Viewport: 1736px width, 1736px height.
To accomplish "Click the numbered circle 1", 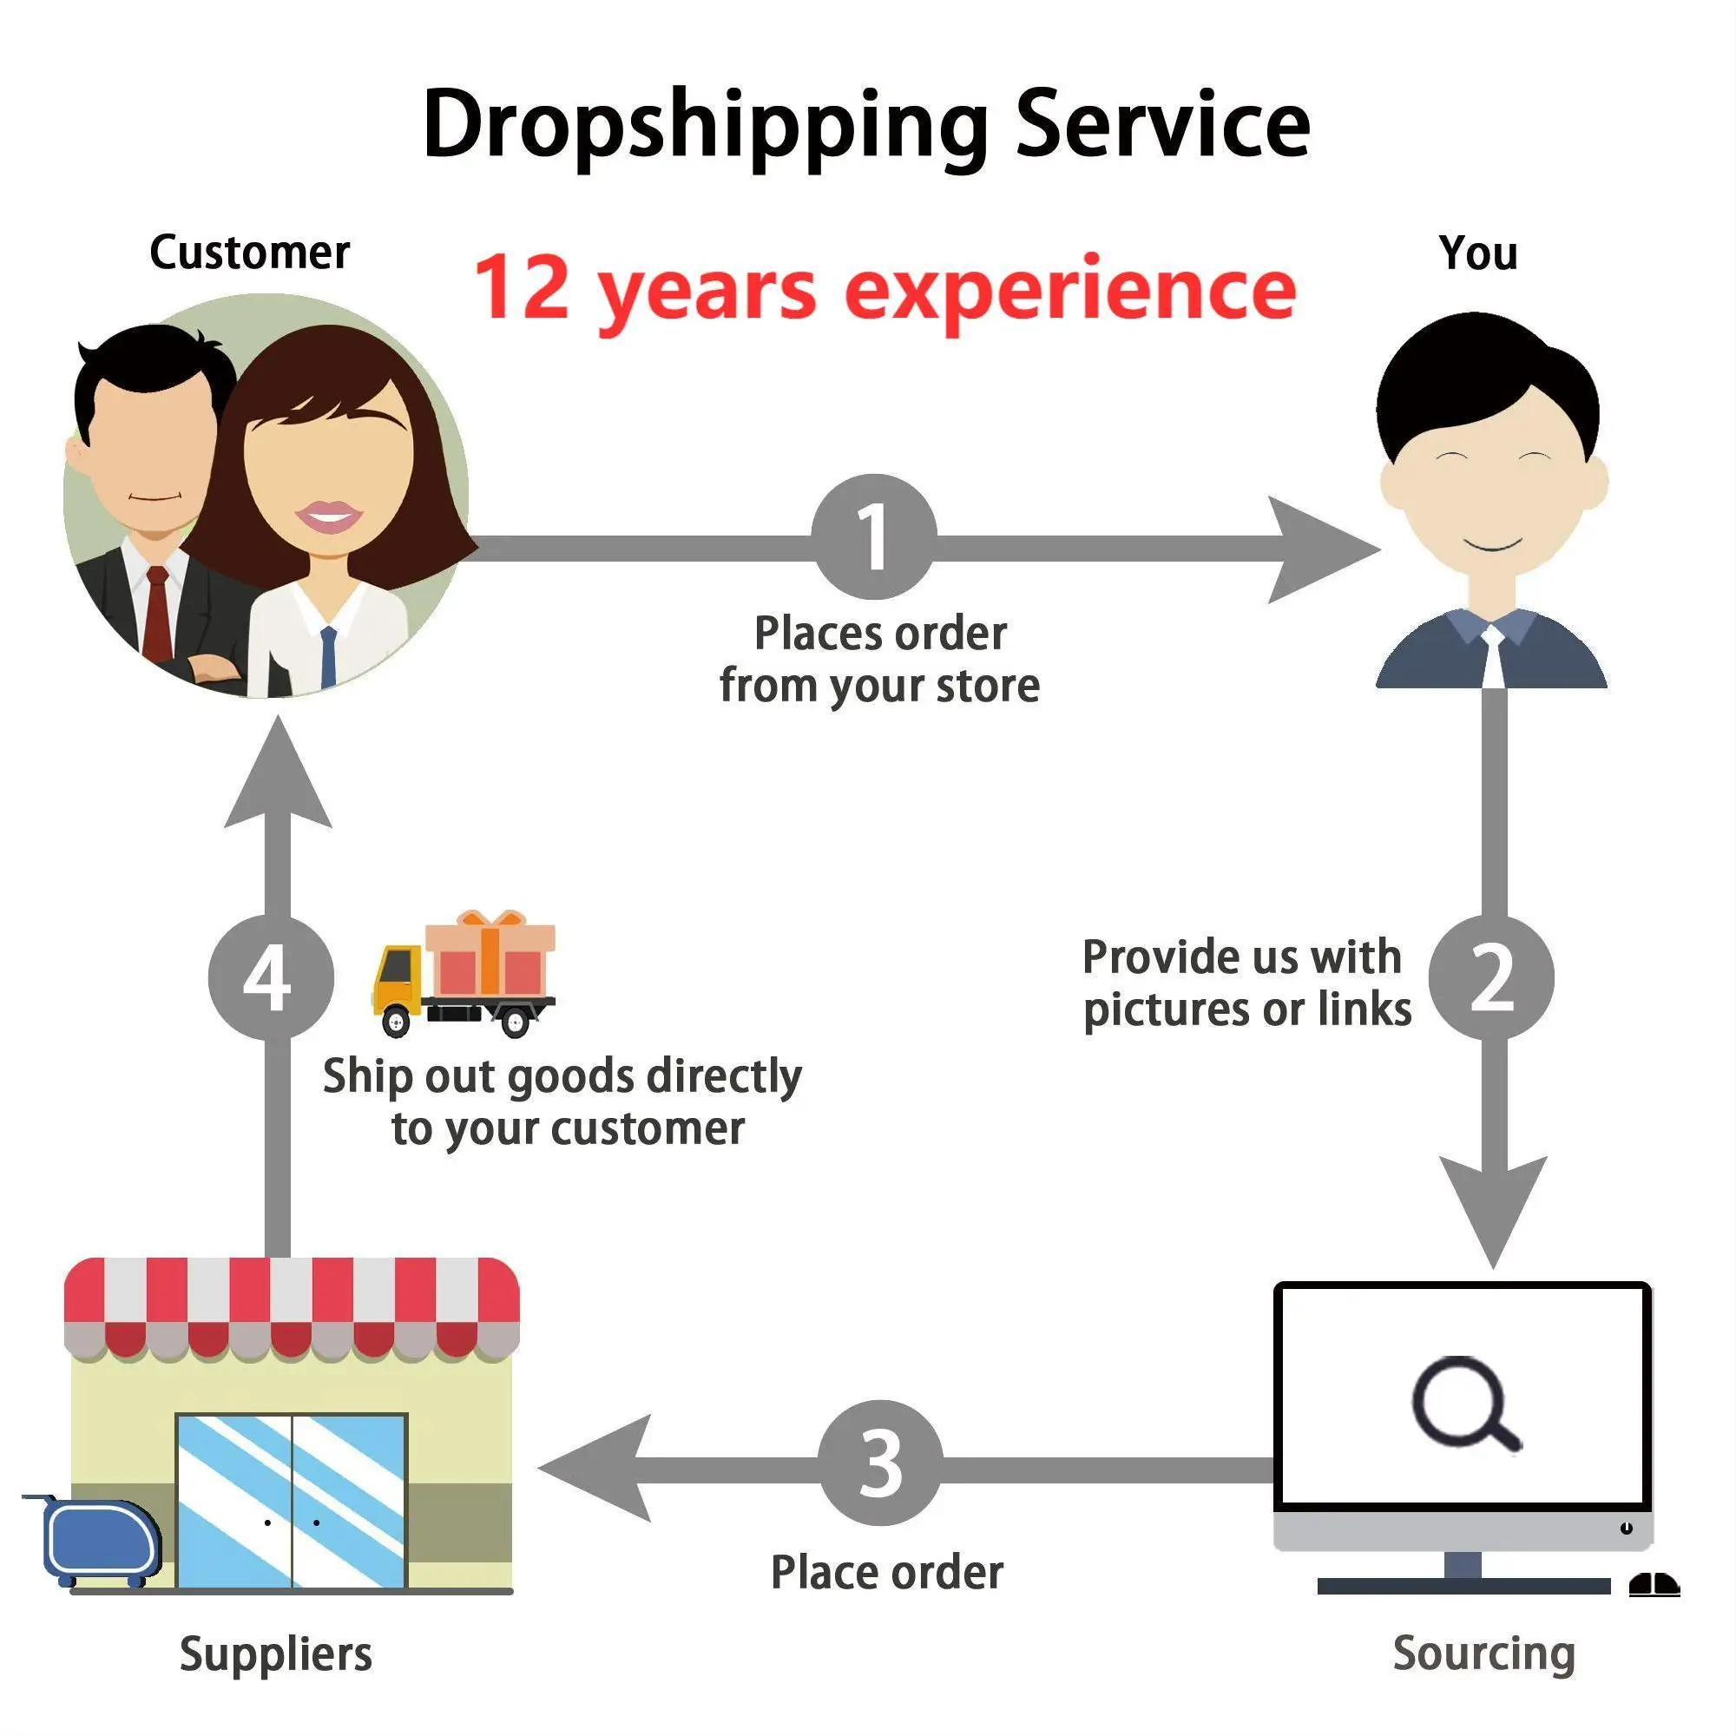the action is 873,536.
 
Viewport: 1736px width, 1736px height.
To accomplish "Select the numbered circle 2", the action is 1490,976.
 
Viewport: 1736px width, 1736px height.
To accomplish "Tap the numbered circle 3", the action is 879,1463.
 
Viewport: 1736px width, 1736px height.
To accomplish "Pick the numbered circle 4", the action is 271,976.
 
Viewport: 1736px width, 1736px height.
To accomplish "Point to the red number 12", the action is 522,287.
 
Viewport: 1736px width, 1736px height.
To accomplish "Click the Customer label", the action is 249,253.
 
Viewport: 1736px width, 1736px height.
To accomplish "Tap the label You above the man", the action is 1478,253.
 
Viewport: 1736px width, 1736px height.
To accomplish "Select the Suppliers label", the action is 275,1654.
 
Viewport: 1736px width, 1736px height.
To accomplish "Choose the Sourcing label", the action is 1483,1653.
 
